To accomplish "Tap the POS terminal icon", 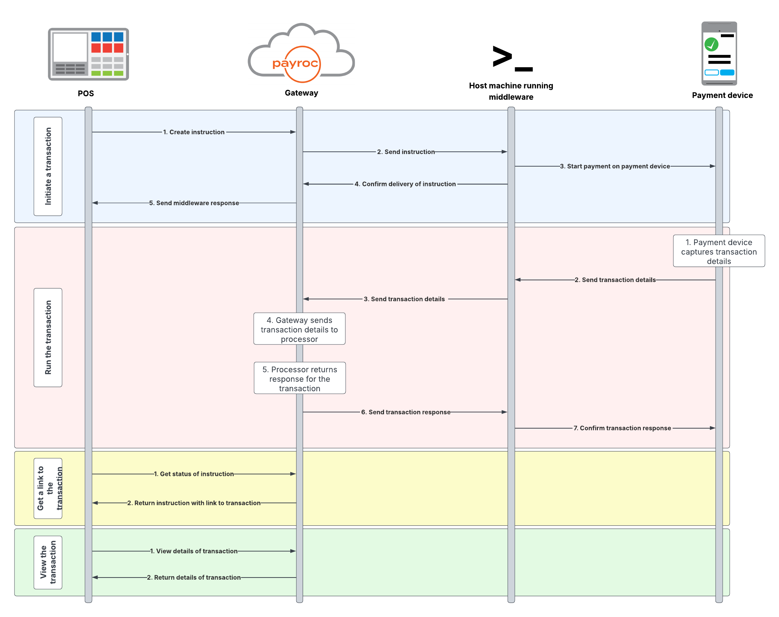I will pyautogui.click(x=88, y=54).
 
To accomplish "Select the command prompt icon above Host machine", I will pyautogui.click(x=512, y=58).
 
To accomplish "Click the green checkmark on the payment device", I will pyautogui.click(x=711, y=44).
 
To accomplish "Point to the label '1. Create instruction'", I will pyautogui.click(x=194, y=132).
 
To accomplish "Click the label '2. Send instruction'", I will pyautogui.click(x=406, y=152).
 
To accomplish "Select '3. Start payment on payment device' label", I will pyautogui.click(x=614, y=167).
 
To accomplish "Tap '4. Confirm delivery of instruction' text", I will pyautogui.click(x=405, y=184).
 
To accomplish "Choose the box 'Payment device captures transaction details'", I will pyautogui.click(x=719, y=251).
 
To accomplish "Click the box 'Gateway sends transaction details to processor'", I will pyautogui.click(x=299, y=329).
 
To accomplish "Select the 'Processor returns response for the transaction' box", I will pyautogui.click(x=299, y=379).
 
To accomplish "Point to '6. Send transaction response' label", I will pyautogui.click(x=406, y=412).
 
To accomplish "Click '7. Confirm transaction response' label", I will pyautogui.click(x=622, y=429).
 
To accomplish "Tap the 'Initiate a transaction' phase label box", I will pyautogui.click(x=48, y=167).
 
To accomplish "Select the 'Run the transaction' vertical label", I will pyautogui.click(x=48, y=338).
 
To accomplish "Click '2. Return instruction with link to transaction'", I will pyautogui.click(x=194, y=503).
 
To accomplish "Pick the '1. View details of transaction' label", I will pyautogui.click(x=194, y=551).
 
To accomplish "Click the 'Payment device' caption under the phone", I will pyautogui.click(x=722, y=95).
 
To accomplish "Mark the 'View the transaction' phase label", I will pyautogui.click(x=48, y=562).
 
